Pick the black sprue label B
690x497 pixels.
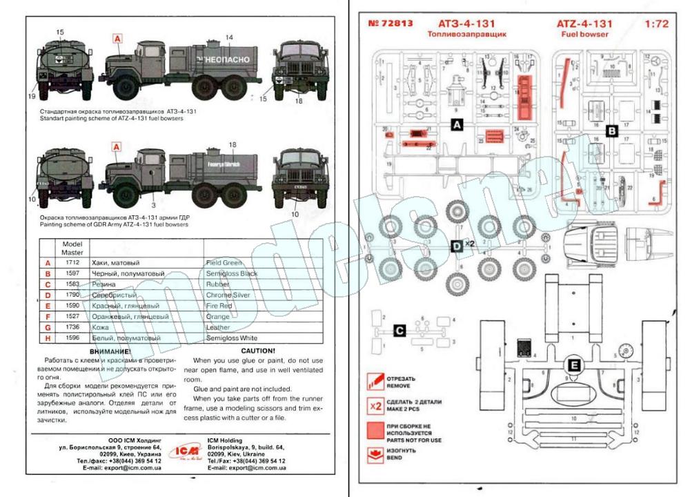pos(611,129)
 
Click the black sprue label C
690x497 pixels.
pos(399,330)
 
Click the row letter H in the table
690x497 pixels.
pos(48,338)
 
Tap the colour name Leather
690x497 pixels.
pos(218,327)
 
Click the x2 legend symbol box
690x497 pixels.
pos(376,405)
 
